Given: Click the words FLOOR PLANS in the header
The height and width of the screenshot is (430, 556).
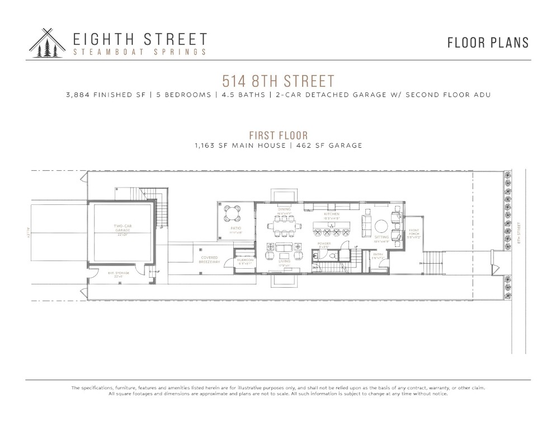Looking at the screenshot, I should pyautogui.click(x=488, y=43).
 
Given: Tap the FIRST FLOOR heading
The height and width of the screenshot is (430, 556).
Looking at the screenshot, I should pyautogui.click(x=278, y=135).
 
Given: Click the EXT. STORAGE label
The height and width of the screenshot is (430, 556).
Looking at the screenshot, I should pyautogui.click(x=118, y=274).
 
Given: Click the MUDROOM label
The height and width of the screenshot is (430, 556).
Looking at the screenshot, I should pyautogui.click(x=246, y=261).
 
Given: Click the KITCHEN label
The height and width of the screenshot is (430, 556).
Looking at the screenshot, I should pyautogui.click(x=332, y=214).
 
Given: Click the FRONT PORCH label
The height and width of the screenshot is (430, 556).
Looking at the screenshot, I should pyautogui.click(x=414, y=233).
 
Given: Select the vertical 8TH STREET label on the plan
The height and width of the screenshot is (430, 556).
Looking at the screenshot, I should pyautogui.click(x=520, y=232).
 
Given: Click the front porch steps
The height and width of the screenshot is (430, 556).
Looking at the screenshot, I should pyautogui.click(x=431, y=260).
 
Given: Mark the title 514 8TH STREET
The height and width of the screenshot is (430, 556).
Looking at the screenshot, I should pyautogui.click(x=278, y=81).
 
